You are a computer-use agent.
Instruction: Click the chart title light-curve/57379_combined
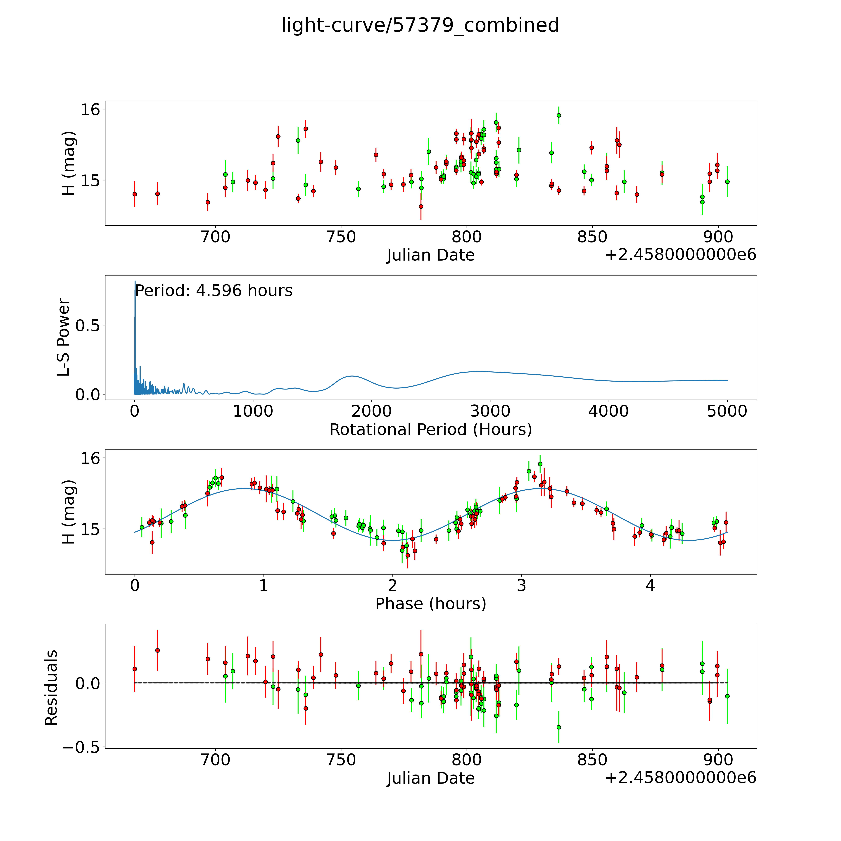(420, 25)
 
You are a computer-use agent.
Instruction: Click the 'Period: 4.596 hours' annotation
(214, 291)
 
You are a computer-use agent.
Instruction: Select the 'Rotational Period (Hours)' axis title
(430, 430)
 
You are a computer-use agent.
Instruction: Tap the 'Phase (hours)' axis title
(430, 604)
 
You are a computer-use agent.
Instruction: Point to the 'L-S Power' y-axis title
(64, 337)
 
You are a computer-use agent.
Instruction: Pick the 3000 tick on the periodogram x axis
(490, 411)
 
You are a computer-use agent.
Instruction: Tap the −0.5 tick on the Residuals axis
(81, 747)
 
